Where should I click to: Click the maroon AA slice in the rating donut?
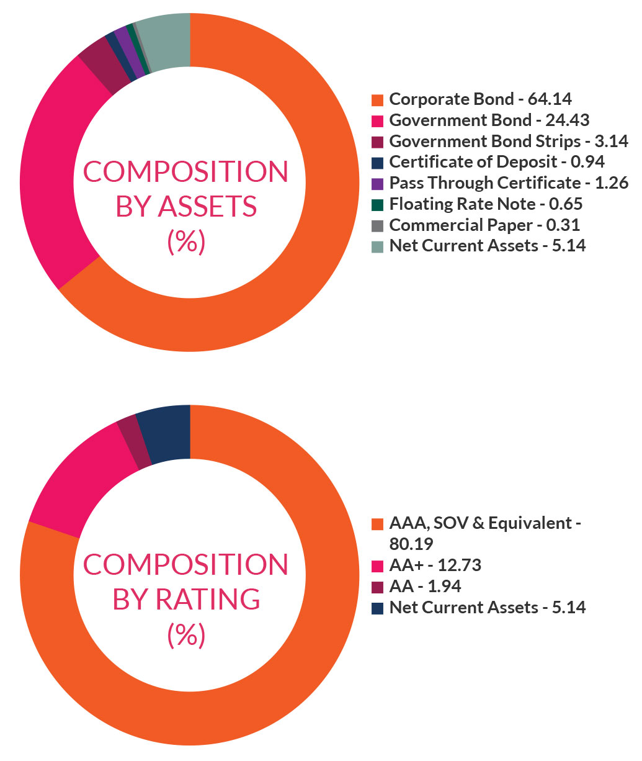coord(134,442)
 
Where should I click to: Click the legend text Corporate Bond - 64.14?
coord(480,99)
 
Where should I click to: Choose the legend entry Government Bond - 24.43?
coord(489,120)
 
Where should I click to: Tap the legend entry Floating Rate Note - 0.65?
coord(486,204)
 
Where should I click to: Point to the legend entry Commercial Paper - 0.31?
coord(484,225)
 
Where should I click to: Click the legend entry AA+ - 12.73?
coord(435,565)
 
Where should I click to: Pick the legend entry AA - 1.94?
coord(425,587)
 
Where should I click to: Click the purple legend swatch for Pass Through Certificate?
coord(377,184)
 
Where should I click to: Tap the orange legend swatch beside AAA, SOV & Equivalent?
coord(377,525)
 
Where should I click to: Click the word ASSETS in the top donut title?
coord(207,207)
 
